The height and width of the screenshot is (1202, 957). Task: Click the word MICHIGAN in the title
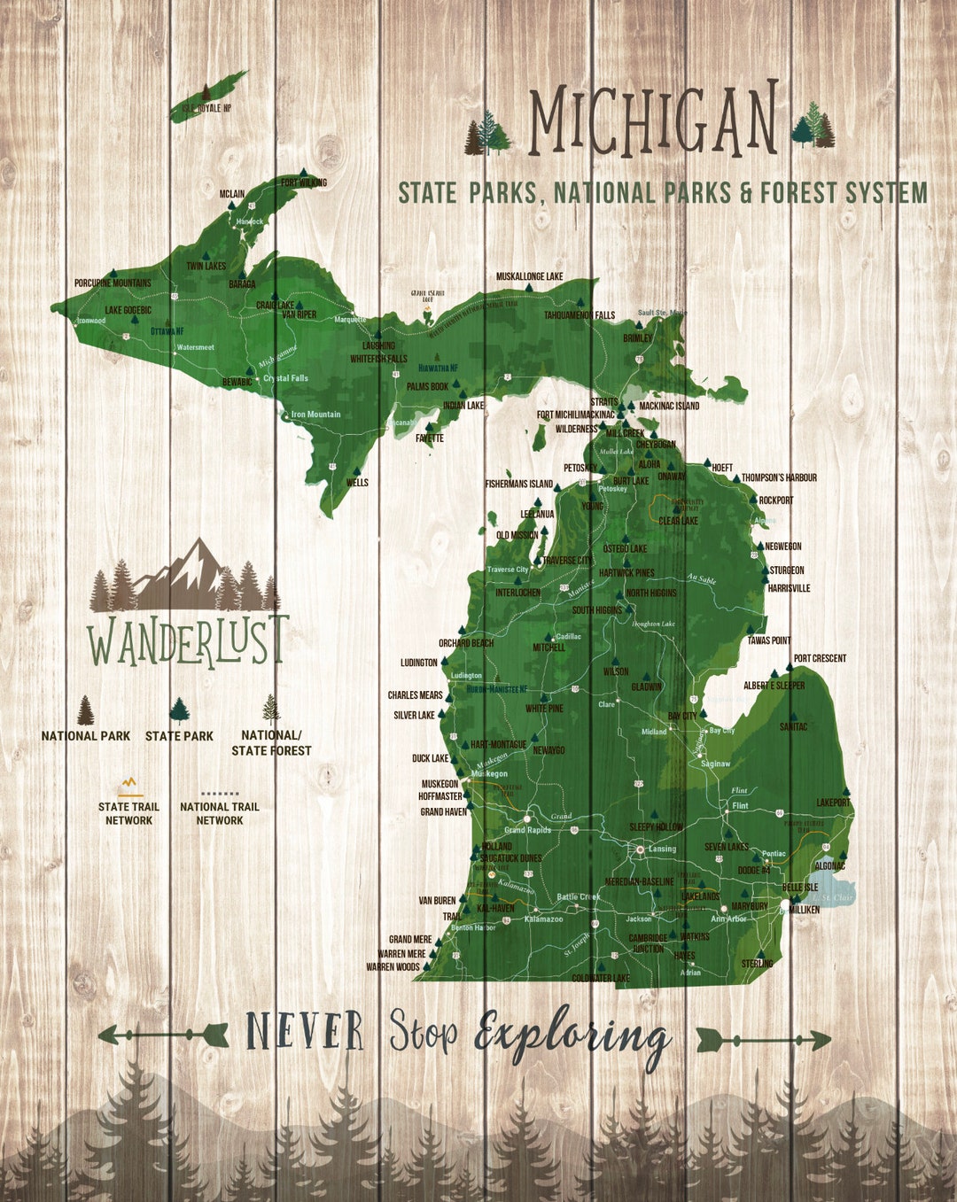(653, 120)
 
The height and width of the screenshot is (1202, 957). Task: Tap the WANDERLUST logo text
(188, 640)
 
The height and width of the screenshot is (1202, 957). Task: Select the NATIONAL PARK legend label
(85, 736)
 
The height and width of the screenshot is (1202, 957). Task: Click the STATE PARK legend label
(179, 736)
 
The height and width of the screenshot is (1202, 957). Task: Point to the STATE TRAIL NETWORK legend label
(128, 813)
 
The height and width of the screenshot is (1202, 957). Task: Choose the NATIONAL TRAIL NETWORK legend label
(220, 813)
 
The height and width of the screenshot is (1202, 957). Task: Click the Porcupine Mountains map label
(113, 283)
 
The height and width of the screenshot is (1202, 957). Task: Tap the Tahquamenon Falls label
(580, 315)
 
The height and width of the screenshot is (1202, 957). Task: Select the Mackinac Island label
(669, 406)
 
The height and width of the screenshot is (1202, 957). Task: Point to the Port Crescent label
(820, 658)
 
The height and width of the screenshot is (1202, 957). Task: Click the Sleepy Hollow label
(656, 826)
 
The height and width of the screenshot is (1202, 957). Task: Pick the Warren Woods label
(393, 966)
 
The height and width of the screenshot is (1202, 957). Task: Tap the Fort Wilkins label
(304, 183)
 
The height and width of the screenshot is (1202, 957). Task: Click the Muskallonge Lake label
(529, 276)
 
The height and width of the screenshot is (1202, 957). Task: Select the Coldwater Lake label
(601, 978)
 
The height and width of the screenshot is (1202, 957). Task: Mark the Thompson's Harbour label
(779, 477)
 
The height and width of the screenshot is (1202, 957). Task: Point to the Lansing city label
(662, 849)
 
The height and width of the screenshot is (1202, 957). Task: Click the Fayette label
(430, 438)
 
